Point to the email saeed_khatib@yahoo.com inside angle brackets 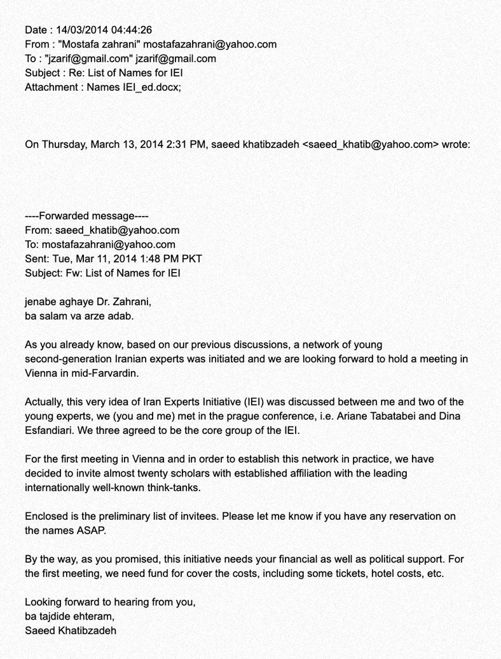(371, 144)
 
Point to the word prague (245, 416)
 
